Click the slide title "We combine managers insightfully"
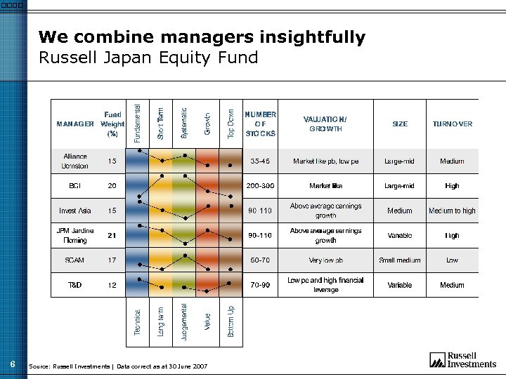[202, 37]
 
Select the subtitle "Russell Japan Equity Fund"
[148, 58]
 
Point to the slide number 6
[13, 364]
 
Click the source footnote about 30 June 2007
[118, 366]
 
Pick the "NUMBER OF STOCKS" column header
[260, 124]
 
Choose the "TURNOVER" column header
[452, 124]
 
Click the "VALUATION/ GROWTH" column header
[325, 124]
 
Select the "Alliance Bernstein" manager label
[75, 161]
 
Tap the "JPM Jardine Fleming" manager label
[75, 235]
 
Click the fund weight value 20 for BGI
[112, 186]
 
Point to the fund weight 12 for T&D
[112, 285]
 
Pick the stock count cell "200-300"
[260, 186]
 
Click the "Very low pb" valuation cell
[325, 260]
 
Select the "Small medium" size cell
[399, 260]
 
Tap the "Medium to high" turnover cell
[452, 211]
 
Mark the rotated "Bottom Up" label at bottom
[231, 322]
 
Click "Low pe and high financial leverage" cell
[325, 285]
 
